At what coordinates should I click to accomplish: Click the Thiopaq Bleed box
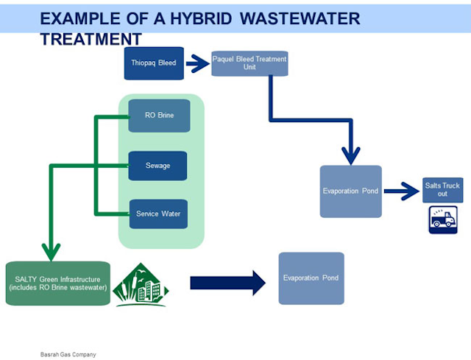click(x=154, y=63)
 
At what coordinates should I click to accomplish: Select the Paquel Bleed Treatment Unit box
click(x=249, y=63)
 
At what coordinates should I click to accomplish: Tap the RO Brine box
click(x=159, y=116)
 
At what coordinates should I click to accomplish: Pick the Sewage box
click(x=157, y=166)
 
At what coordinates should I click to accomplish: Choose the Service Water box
click(x=158, y=214)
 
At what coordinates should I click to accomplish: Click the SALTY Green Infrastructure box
click(x=58, y=283)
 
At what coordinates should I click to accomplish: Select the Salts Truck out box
click(x=442, y=190)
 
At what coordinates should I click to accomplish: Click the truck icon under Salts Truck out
click(x=443, y=219)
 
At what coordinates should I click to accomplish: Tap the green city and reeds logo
click(x=141, y=285)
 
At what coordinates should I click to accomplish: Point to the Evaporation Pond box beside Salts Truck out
click(x=350, y=191)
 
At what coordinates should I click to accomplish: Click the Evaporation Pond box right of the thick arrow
click(x=311, y=278)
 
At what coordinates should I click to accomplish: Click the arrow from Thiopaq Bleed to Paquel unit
click(x=198, y=63)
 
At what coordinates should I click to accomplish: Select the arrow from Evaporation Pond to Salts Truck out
click(x=401, y=191)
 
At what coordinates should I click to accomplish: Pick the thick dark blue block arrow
click(x=227, y=283)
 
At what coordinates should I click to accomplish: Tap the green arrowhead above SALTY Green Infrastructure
click(x=51, y=252)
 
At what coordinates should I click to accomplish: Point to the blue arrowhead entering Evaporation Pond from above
click(x=351, y=155)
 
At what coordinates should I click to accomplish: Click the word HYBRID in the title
click(x=201, y=18)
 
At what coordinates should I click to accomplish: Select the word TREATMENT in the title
click(x=91, y=39)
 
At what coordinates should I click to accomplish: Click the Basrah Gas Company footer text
click(x=68, y=355)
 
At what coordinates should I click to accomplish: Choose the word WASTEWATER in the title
click(x=300, y=18)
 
